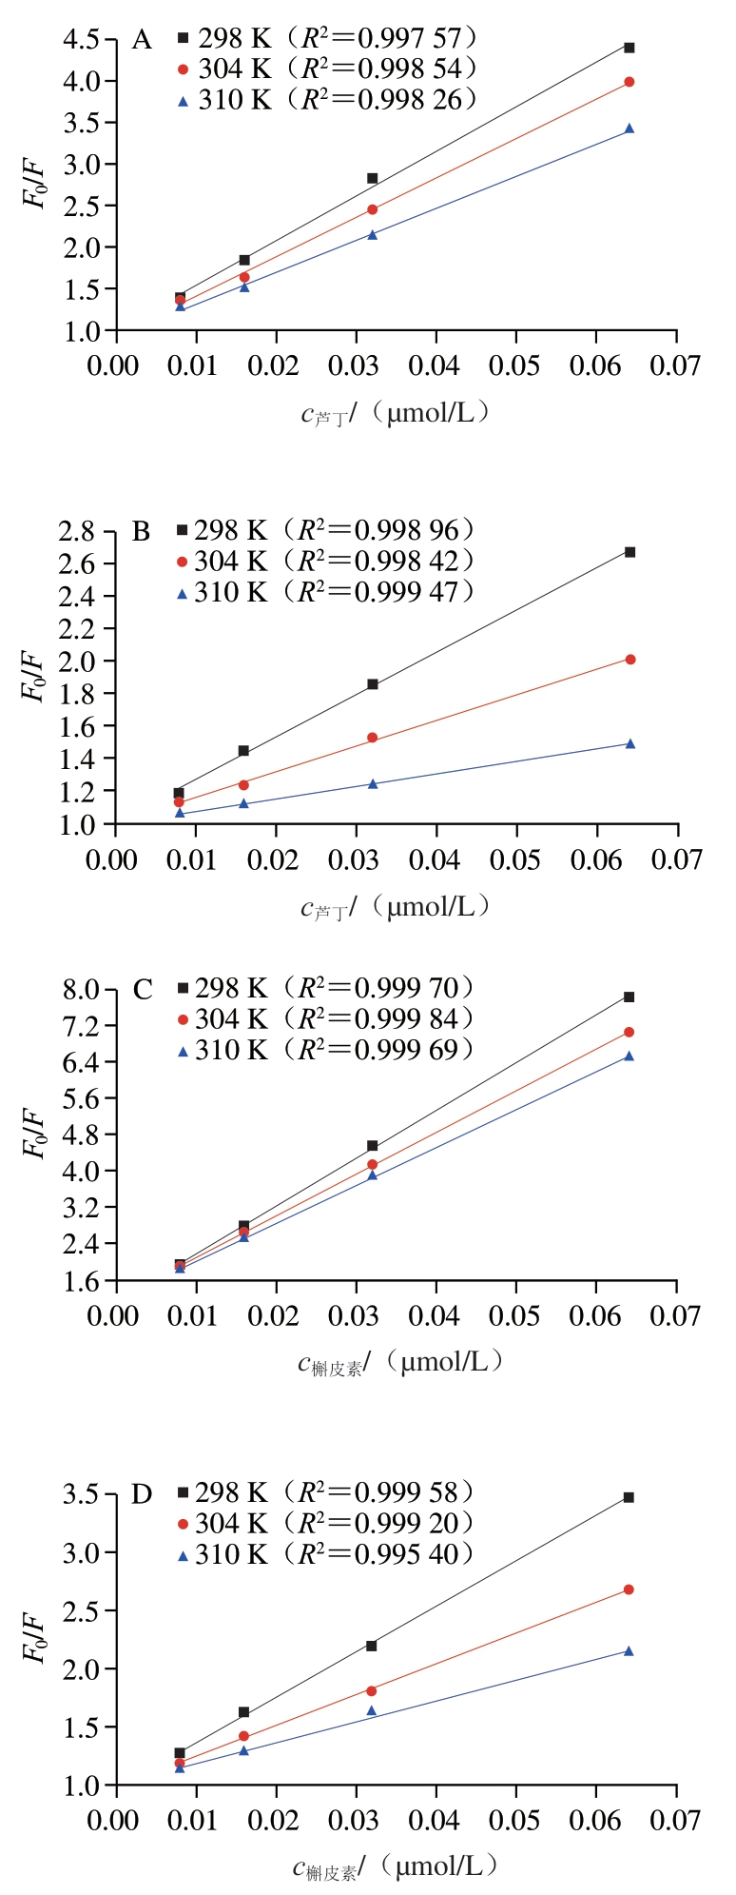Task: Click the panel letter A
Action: click(x=142, y=40)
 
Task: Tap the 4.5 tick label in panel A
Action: click(x=82, y=40)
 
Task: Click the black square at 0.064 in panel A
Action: click(x=629, y=48)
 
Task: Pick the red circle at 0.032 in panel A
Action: click(x=372, y=209)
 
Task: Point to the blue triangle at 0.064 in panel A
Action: click(x=629, y=128)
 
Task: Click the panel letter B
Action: click(x=141, y=531)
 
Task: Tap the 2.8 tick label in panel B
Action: click(x=77, y=531)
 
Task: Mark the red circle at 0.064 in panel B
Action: click(x=629, y=660)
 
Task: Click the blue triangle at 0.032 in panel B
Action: click(x=373, y=783)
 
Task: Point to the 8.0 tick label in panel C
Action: click(x=82, y=990)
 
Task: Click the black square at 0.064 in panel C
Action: click(x=629, y=997)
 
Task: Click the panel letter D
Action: click(x=142, y=1494)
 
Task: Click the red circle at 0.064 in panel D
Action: click(x=629, y=1589)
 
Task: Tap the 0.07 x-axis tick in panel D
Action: click(x=675, y=1819)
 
